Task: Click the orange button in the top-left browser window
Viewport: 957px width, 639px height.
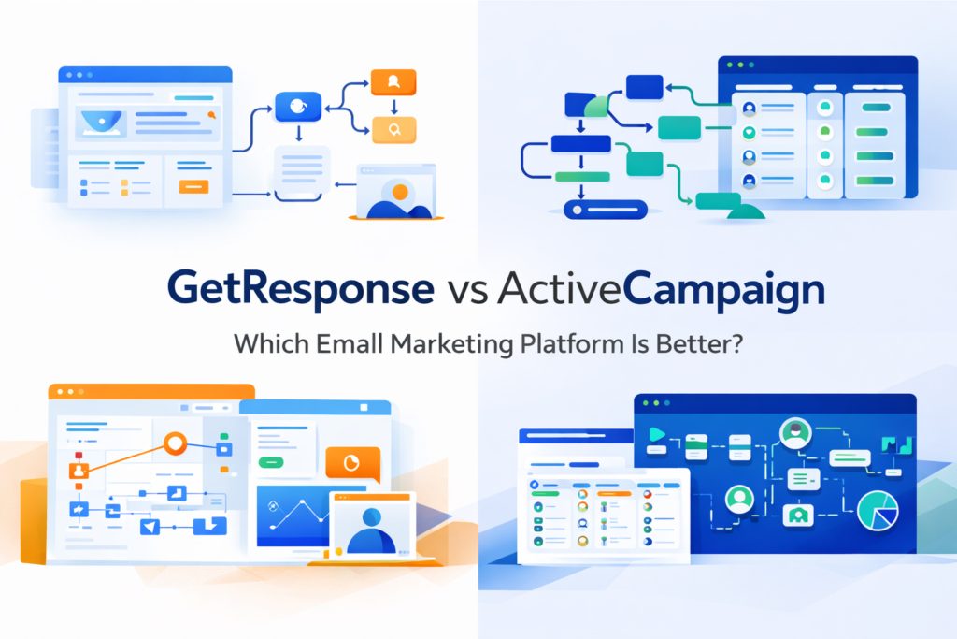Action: pos(194,187)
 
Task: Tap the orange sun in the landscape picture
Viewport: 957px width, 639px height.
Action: pos(400,192)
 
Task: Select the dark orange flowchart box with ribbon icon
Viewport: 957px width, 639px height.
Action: pos(393,82)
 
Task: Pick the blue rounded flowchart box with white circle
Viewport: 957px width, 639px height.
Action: pos(297,107)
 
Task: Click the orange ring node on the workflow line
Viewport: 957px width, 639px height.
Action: pos(175,443)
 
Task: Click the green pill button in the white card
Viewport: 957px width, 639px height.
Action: pos(272,461)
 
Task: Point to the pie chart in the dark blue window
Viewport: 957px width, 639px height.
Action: pos(878,512)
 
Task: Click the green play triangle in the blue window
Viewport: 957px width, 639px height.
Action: pos(656,434)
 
